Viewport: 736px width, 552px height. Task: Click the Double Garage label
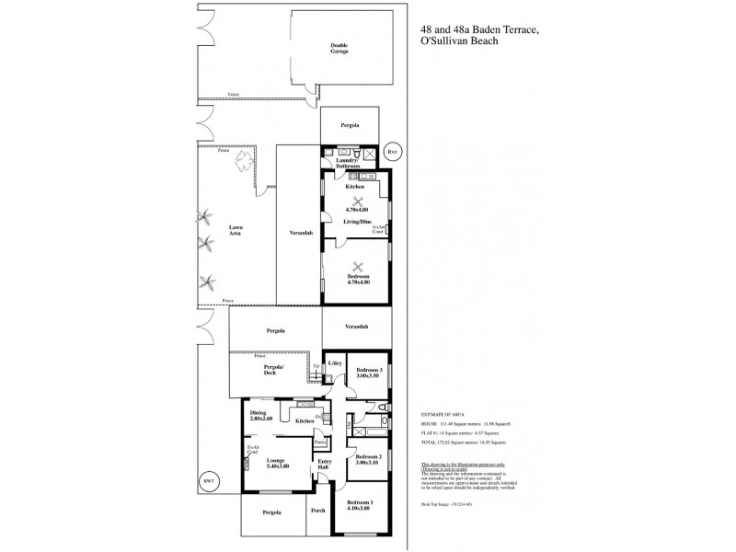click(340, 48)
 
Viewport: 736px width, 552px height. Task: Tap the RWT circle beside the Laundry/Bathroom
click(393, 152)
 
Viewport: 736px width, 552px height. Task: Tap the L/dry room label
click(334, 362)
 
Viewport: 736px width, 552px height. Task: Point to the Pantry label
click(320, 443)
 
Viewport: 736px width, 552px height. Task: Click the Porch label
click(318, 512)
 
